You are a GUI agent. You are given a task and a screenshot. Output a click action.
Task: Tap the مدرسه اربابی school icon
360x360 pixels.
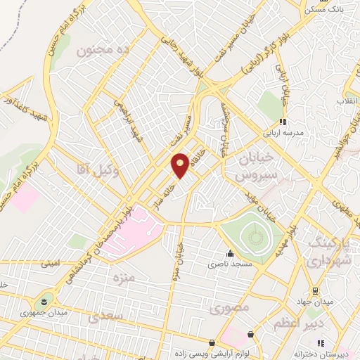tap(283, 121)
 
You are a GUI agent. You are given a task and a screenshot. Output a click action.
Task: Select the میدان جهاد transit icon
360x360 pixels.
tap(315, 290)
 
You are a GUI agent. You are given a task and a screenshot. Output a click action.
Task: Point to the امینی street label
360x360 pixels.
tap(51, 264)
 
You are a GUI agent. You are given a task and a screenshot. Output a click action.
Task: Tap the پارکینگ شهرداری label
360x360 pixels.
tap(333, 252)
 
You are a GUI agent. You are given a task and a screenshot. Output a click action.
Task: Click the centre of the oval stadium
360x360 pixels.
tap(252, 233)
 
